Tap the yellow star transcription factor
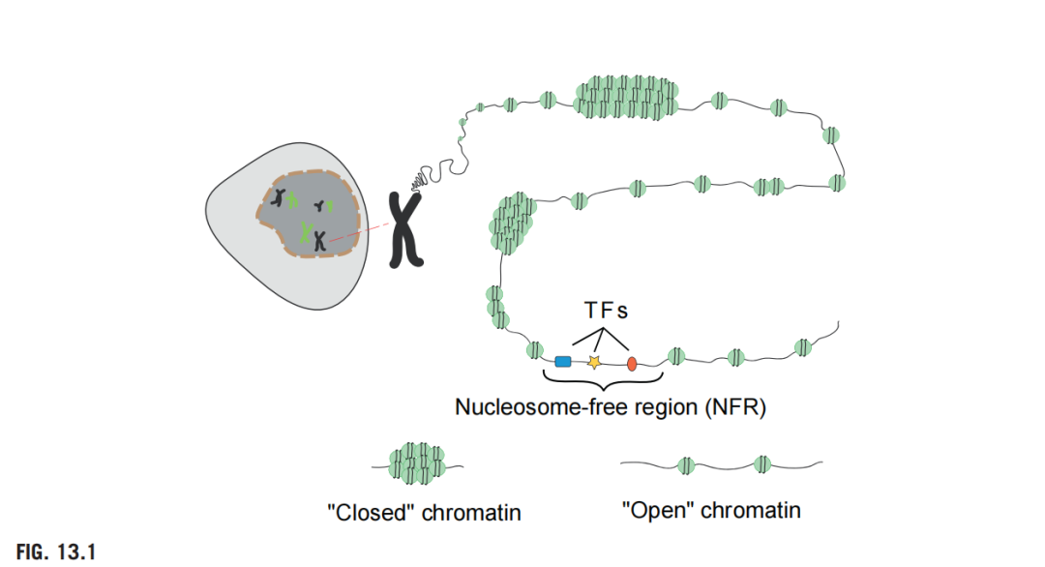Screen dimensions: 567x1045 click(594, 362)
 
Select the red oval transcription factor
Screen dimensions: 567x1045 click(632, 364)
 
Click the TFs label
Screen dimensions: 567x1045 click(606, 312)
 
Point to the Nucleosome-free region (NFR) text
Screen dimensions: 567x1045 click(611, 407)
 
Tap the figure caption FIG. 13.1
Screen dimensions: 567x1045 click(56, 552)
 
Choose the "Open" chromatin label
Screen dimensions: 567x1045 click(710, 510)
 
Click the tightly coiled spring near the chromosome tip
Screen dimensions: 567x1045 click(420, 179)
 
